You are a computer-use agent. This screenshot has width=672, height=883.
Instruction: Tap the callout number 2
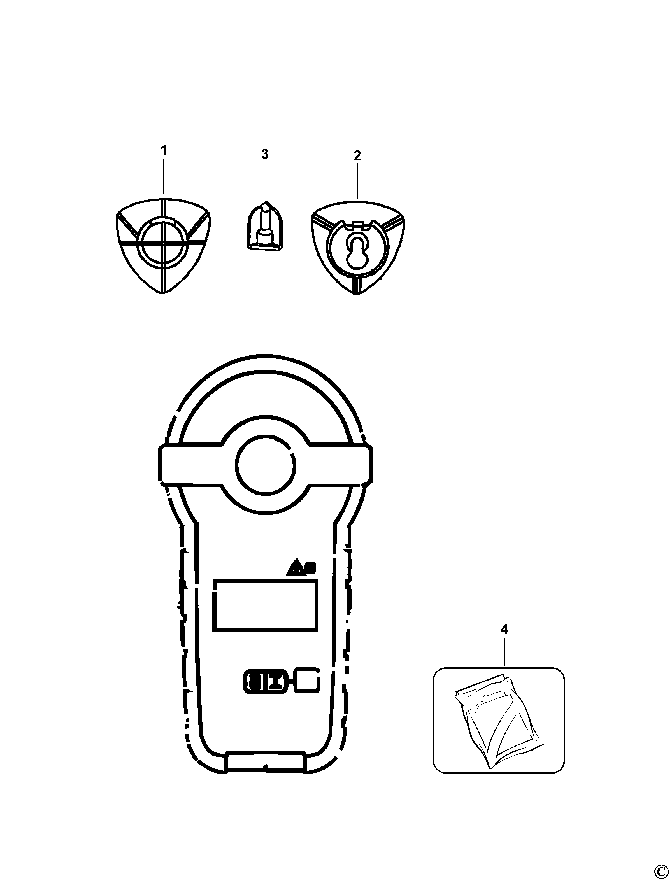pos(357,155)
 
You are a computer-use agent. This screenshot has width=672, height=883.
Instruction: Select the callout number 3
pos(265,154)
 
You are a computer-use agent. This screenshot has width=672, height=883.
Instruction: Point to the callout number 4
pos(504,630)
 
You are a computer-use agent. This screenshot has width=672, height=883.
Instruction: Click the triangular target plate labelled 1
pos(163,245)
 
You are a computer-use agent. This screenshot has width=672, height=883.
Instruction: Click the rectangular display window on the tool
pos(266,605)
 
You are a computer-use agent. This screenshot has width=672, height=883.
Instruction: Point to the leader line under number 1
pos(163,178)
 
